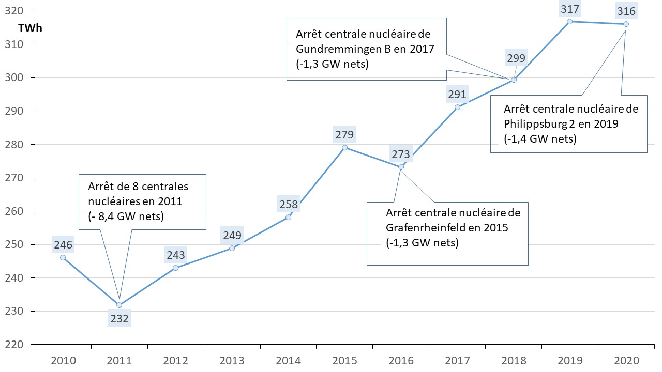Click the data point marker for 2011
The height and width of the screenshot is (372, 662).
click(x=119, y=305)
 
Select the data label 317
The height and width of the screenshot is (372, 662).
click(x=569, y=9)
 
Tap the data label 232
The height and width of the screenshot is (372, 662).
click(x=119, y=318)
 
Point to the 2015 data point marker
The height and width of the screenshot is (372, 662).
click(x=344, y=147)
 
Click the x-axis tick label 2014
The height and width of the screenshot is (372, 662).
click(x=288, y=360)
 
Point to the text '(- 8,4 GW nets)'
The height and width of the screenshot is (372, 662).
click(x=126, y=216)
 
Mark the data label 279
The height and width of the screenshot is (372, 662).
click(x=344, y=135)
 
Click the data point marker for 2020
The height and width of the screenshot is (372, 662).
click(x=626, y=24)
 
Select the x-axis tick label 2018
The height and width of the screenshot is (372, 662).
click(x=513, y=360)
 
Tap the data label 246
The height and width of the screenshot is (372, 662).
click(x=63, y=245)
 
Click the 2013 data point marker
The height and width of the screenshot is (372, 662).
click(x=232, y=248)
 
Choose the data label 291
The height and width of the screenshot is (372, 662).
click(x=457, y=95)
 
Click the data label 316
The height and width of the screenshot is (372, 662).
click(x=626, y=11)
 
